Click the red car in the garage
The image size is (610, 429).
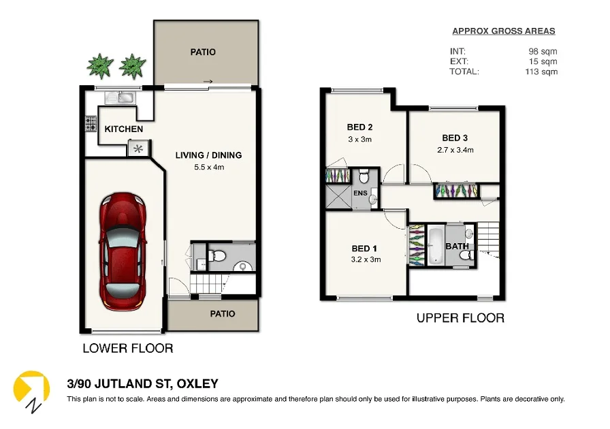123,250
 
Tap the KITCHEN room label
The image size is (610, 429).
123,129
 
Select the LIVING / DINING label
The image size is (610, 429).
208,155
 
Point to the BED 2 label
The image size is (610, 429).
359,127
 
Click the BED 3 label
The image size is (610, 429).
455,137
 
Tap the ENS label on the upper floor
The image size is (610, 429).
360,193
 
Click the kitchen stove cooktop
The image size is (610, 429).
91,124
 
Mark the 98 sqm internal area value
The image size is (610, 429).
543,51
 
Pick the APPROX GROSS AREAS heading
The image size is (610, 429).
504,31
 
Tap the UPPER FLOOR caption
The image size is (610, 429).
460,317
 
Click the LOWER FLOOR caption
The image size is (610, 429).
127,348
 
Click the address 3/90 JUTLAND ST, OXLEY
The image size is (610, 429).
142,384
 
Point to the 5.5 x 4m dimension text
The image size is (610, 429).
208,167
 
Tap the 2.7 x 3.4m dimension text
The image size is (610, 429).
455,150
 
